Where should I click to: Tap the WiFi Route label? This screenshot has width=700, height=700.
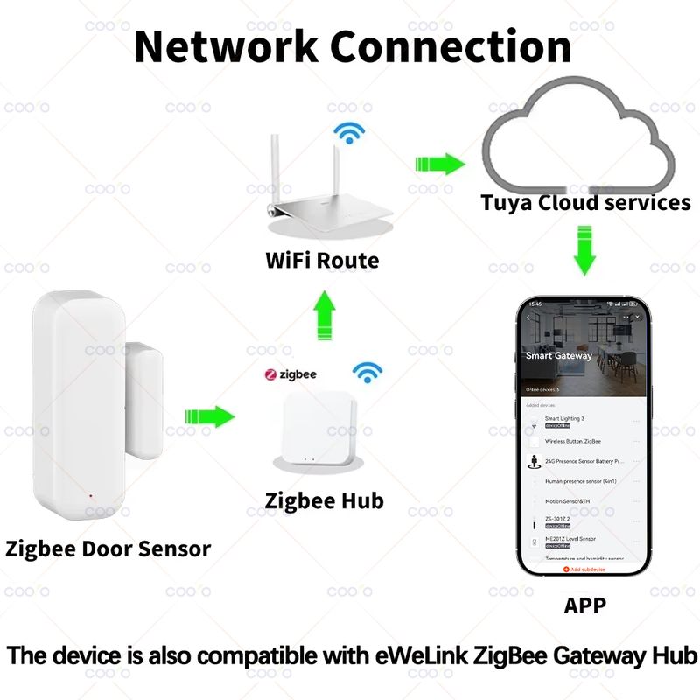click(x=322, y=260)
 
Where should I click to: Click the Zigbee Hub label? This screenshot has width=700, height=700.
click(x=324, y=501)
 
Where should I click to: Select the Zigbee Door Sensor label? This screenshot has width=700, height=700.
click(x=108, y=549)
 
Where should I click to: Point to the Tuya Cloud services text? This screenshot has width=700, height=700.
click(x=585, y=203)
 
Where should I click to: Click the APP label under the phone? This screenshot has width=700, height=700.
click(x=584, y=604)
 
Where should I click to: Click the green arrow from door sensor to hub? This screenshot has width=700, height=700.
click(x=210, y=416)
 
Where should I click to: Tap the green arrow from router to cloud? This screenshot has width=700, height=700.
click(x=438, y=164)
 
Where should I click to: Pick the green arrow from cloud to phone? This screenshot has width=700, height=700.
click(x=584, y=248)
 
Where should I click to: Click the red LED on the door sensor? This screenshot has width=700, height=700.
click(x=91, y=496)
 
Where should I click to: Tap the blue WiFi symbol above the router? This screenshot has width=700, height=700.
click(x=351, y=133)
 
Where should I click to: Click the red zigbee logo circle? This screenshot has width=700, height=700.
click(x=271, y=374)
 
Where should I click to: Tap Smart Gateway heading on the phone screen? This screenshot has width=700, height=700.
click(x=558, y=356)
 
